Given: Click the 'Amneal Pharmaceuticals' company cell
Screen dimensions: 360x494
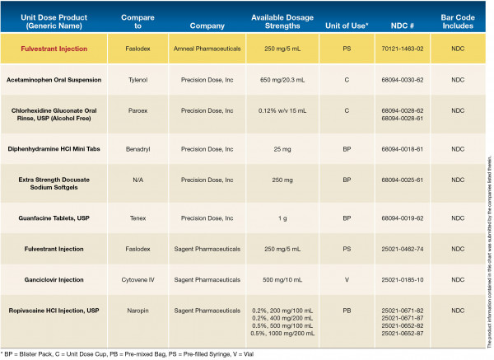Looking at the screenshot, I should point(207,49).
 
